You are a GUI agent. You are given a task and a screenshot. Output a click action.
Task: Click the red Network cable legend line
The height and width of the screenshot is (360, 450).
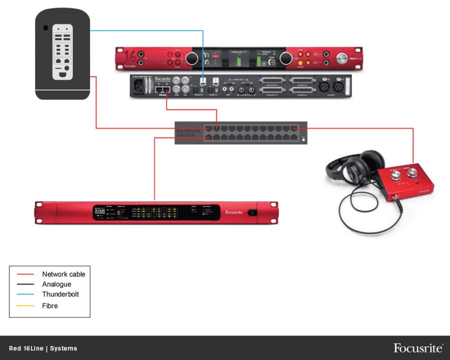(25, 274)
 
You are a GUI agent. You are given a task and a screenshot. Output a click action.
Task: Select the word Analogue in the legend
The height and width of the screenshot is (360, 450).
(56, 284)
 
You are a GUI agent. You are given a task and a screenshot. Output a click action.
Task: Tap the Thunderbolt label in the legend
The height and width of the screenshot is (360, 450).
(60, 294)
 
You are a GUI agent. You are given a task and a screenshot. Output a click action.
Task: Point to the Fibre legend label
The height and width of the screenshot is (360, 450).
(49, 305)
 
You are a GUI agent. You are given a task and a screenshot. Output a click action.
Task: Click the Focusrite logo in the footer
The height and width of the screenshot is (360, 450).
(417, 348)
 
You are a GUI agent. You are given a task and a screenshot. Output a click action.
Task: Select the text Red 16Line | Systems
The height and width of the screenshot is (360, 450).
(43, 348)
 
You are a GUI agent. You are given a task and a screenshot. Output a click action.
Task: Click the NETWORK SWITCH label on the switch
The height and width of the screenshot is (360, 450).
(188, 133)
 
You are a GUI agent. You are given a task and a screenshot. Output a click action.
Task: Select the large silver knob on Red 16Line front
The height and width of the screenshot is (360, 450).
(343, 58)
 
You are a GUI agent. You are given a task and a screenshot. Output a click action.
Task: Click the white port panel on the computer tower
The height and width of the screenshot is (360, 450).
(62, 52)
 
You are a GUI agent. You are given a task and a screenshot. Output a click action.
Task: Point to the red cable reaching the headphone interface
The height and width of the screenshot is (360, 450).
(413, 147)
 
